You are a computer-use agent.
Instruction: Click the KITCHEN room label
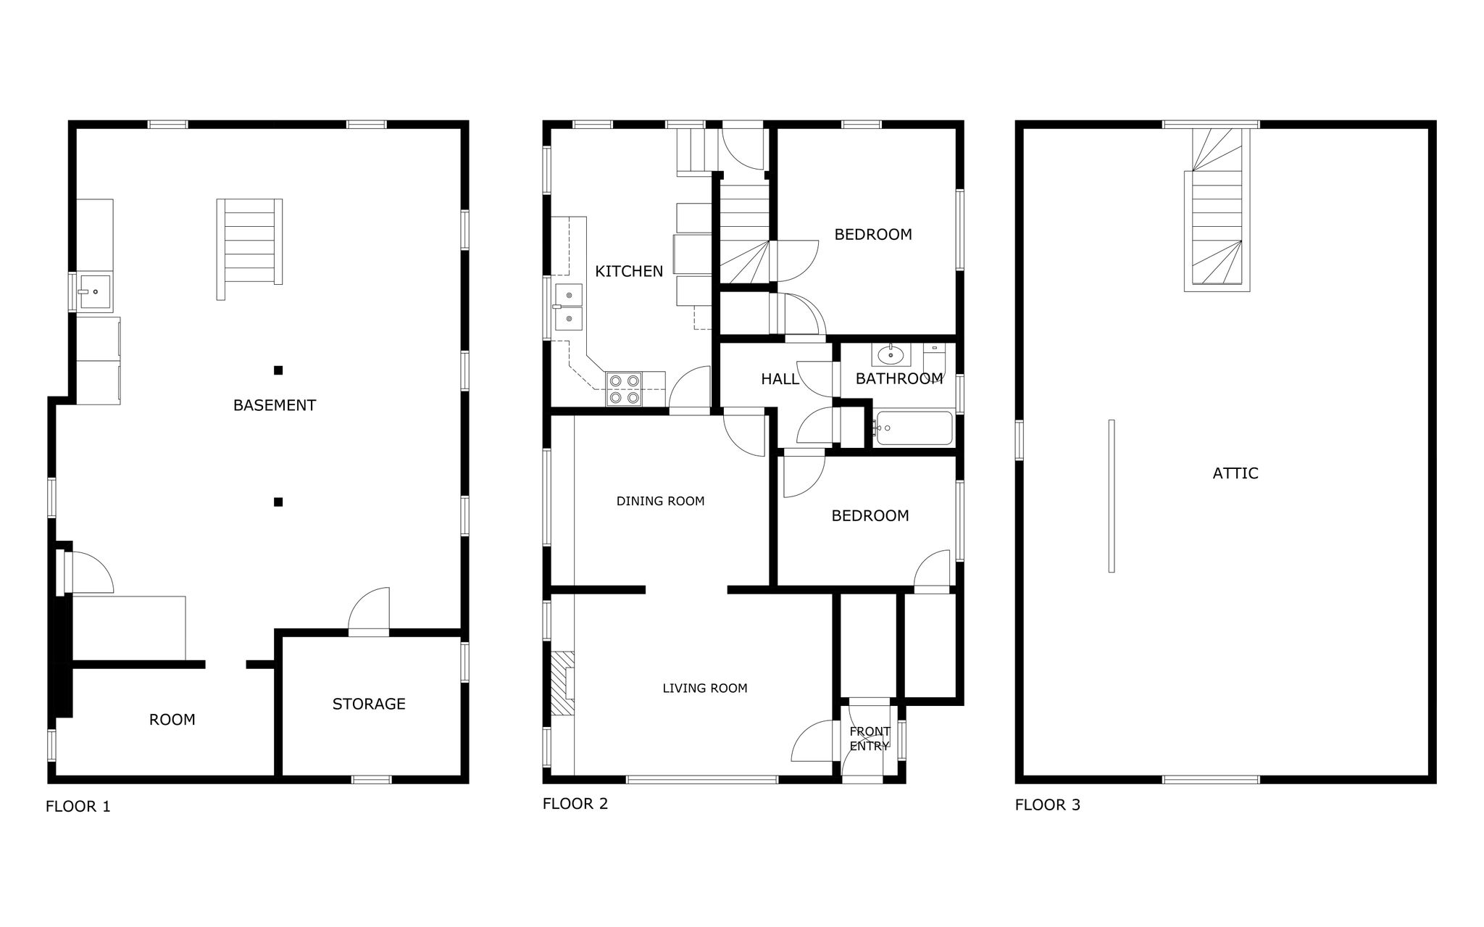tap(628, 271)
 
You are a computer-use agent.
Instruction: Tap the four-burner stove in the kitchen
tap(624, 388)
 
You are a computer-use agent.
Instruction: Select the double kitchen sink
tap(569, 307)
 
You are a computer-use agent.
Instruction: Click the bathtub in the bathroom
tap(913, 428)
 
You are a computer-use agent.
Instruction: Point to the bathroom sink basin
tap(890, 355)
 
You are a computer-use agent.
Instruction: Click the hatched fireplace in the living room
tap(562, 683)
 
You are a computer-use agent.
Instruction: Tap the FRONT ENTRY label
tap(870, 739)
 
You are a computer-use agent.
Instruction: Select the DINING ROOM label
tap(660, 501)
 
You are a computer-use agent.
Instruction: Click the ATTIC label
tap(1235, 473)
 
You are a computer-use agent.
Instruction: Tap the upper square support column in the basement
tap(278, 370)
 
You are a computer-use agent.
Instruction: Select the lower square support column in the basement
tap(278, 502)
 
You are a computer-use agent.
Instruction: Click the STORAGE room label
tap(369, 704)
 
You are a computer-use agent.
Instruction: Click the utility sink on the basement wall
tap(95, 292)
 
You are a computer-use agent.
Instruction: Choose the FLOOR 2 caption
tap(575, 804)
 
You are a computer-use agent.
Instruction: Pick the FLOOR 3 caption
tap(1047, 805)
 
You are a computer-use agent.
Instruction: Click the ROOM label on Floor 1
tap(172, 720)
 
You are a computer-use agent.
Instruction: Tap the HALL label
tap(780, 378)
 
